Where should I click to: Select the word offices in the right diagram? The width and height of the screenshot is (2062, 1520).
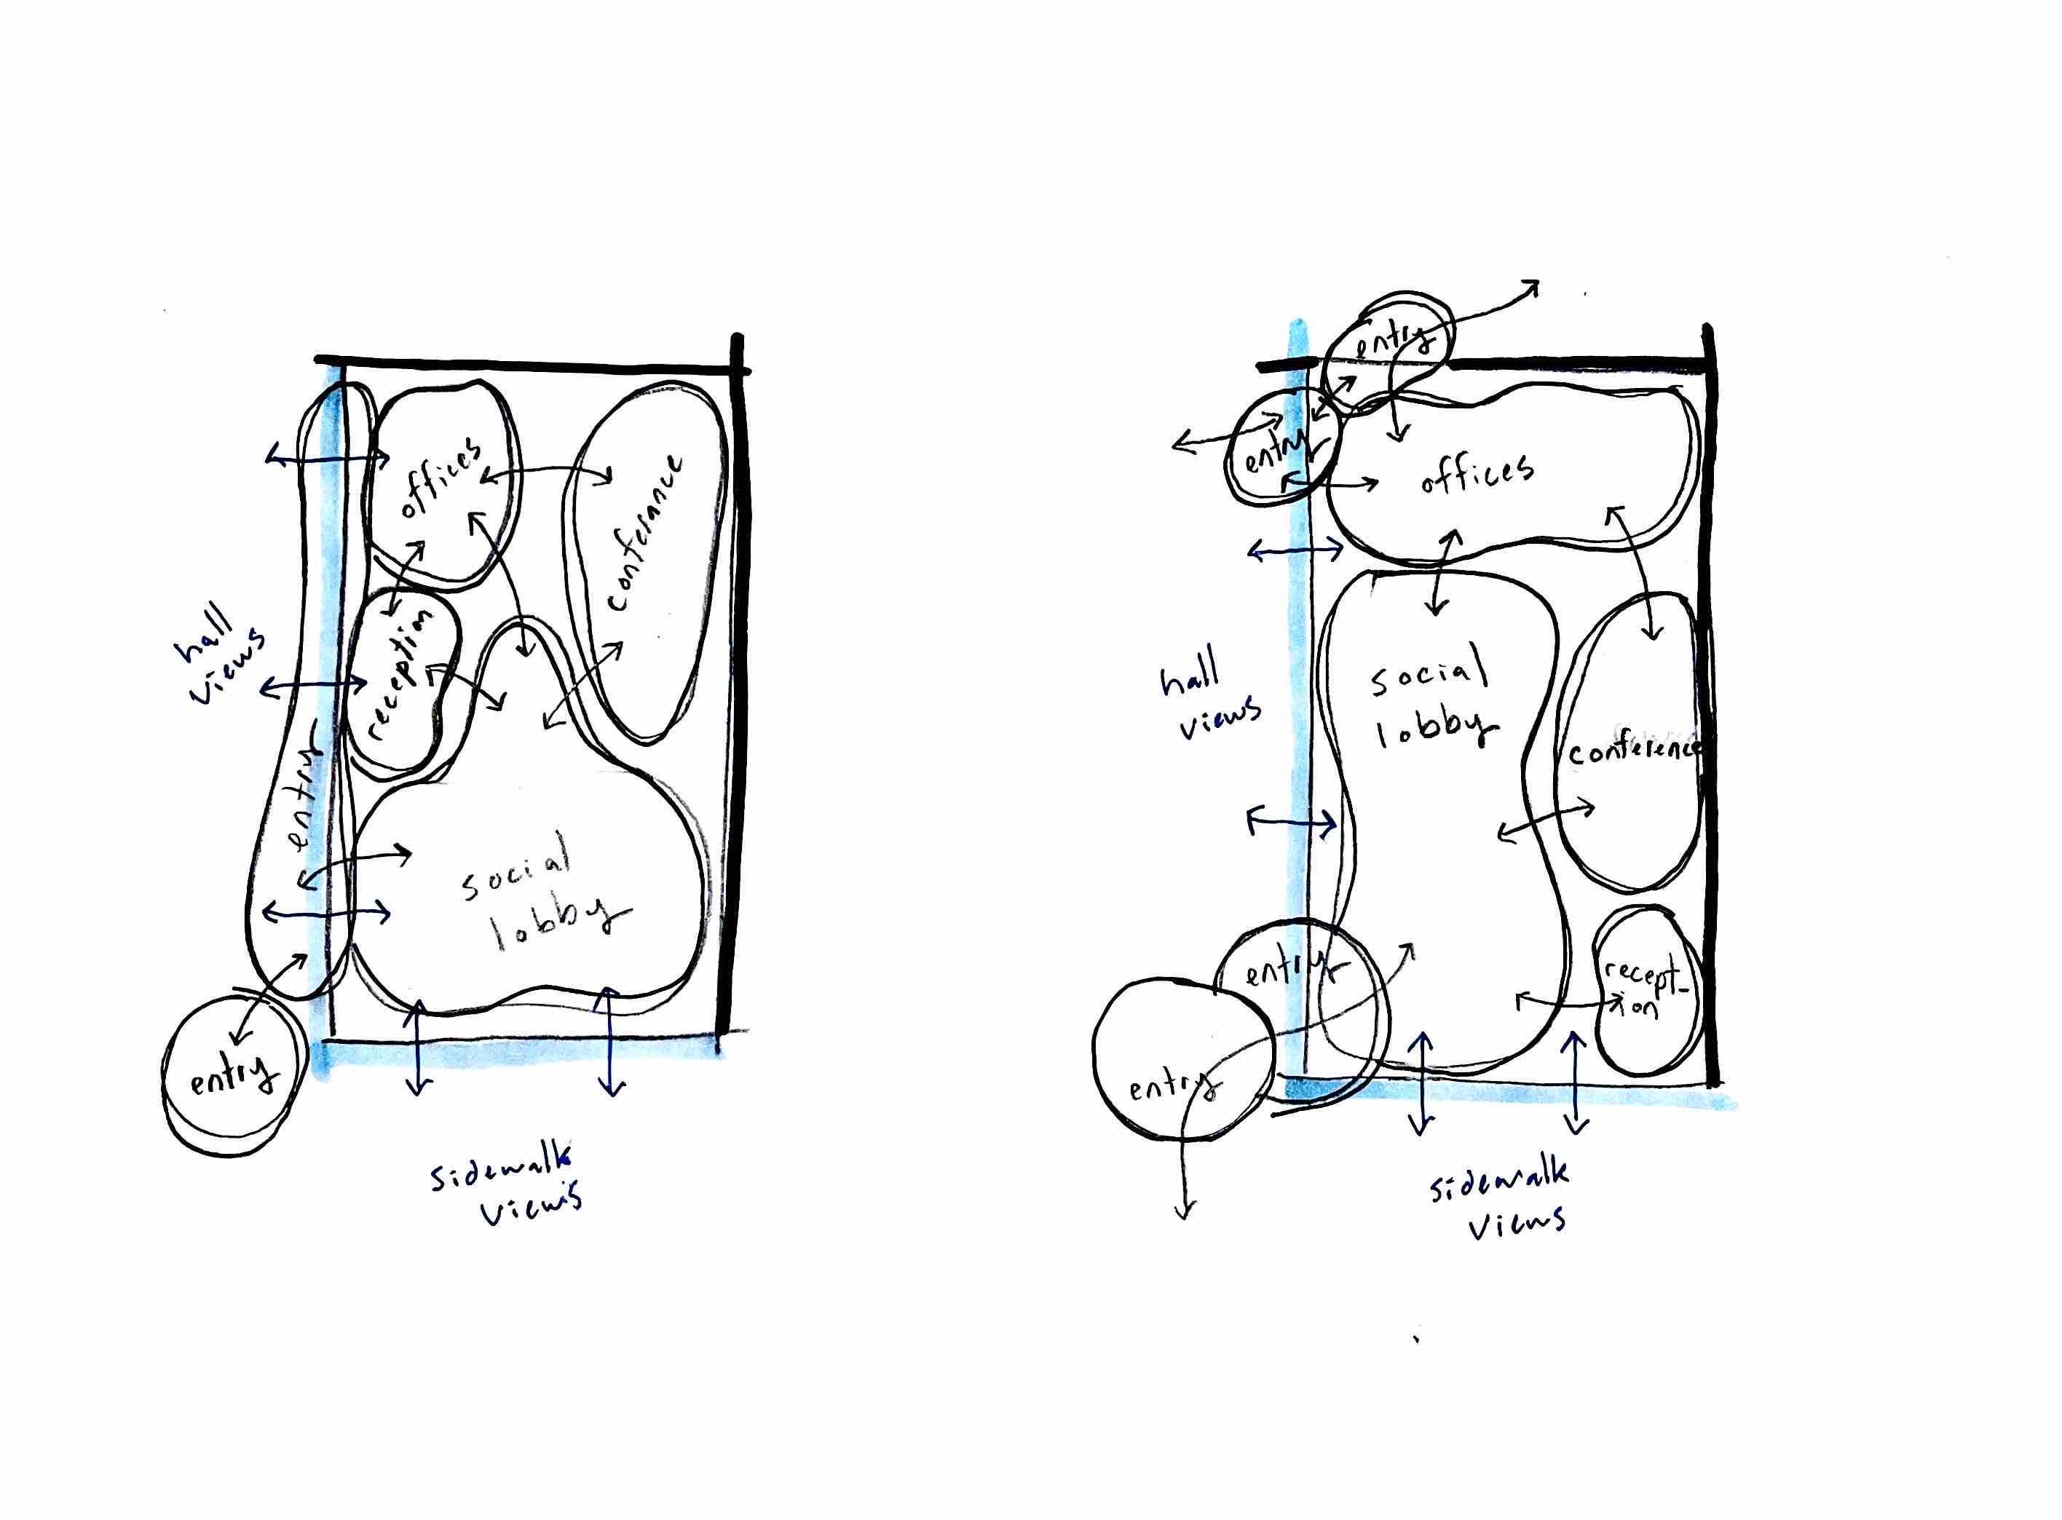coord(1476,471)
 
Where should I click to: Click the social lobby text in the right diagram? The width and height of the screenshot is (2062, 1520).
coord(1431,704)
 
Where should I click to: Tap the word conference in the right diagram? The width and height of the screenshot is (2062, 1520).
coord(1633,749)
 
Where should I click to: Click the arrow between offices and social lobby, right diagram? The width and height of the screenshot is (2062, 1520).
coord(1443,571)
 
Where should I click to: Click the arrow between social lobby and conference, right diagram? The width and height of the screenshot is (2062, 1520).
coord(1546,819)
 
